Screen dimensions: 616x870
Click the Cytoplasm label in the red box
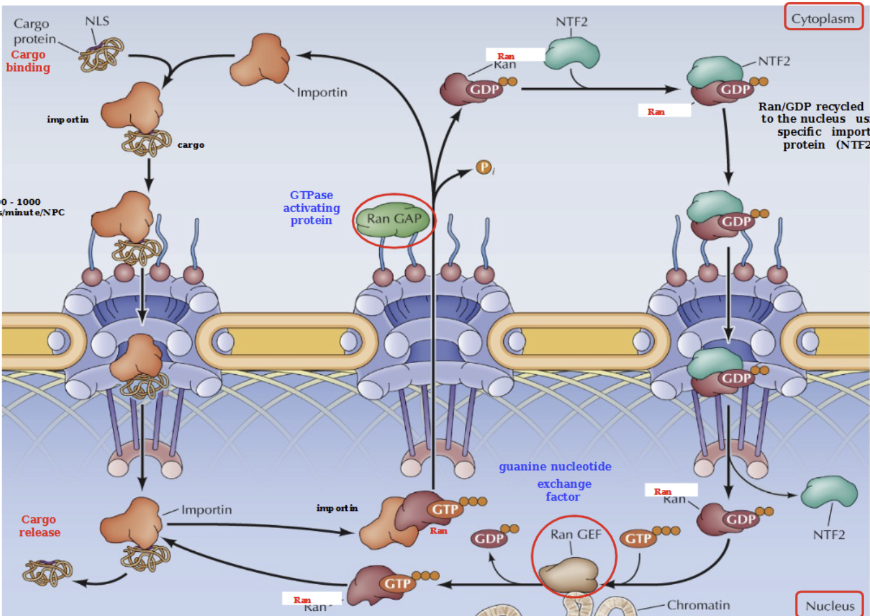(823, 18)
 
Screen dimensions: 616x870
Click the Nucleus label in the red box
(830, 606)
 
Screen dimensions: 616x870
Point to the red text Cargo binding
(28, 61)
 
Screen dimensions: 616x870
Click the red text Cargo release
(39, 526)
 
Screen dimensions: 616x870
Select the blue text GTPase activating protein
(312, 207)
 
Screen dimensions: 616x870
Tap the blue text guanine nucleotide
(555, 466)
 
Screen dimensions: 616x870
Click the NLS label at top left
(97, 21)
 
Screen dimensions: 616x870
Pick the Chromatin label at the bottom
(698, 605)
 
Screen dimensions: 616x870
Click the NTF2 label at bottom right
(829, 535)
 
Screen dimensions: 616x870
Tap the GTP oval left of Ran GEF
(397, 584)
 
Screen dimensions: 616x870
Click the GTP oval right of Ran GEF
(638, 538)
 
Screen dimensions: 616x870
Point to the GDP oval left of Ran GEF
(489, 538)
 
